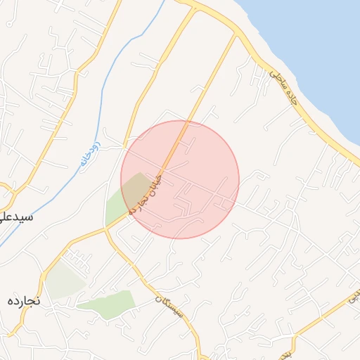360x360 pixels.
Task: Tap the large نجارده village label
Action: pos(25,300)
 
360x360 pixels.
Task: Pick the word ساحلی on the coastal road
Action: pos(276,79)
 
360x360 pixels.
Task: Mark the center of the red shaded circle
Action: pos(180,179)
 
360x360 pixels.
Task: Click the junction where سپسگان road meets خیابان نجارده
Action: pos(107,229)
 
